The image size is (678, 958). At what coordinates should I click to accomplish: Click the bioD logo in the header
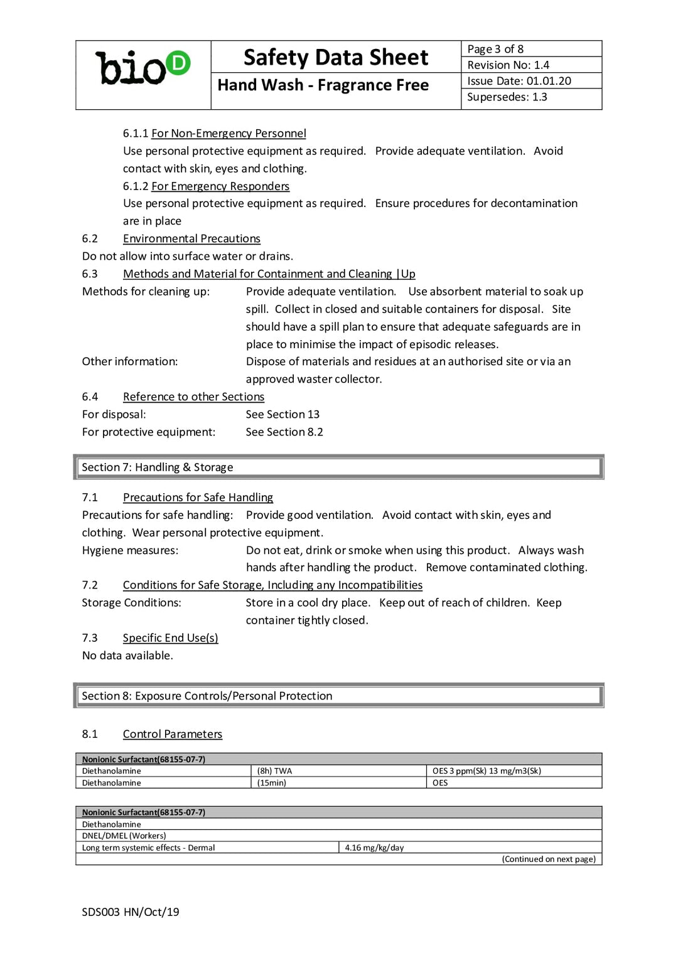click(143, 68)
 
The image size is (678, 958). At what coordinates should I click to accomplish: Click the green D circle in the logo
click(178, 63)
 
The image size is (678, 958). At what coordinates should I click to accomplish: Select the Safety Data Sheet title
click(336, 58)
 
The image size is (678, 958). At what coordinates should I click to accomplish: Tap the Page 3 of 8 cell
click(495, 49)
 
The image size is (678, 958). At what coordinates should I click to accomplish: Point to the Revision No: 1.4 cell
click(508, 65)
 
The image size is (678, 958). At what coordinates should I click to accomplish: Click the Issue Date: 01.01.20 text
click(519, 81)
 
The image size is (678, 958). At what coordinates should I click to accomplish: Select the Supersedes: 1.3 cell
click(507, 97)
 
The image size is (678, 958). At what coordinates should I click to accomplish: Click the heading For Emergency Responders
click(220, 186)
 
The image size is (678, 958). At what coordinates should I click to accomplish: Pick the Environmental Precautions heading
click(191, 239)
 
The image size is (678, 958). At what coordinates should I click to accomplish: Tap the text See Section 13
click(282, 415)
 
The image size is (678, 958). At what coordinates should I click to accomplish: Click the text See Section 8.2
click(284, 432)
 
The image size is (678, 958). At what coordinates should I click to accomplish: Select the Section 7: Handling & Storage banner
click(338, 467)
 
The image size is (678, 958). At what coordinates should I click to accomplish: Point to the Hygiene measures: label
click(130, 550)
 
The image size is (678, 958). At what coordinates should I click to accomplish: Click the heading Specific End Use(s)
click(170, 638)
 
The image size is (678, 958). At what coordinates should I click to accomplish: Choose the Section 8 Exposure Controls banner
click(338, 696)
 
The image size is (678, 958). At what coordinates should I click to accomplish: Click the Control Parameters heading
click(172, 734)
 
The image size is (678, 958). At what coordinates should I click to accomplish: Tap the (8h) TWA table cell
click(274, 771)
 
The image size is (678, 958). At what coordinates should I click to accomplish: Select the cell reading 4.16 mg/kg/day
click(374, 848)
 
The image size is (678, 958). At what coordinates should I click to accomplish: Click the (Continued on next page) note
click(548, 860)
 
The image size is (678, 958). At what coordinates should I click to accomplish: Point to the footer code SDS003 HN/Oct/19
click(131, 912)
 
